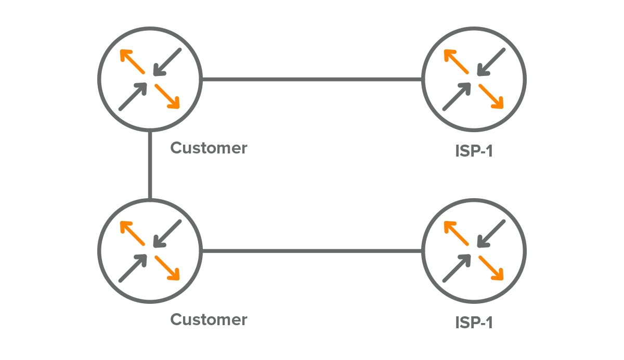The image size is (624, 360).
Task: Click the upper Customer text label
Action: click(x=209, y=148)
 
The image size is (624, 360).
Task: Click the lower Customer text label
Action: click(x=209, y=319)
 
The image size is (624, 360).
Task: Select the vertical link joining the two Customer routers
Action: click(x=150, y=165)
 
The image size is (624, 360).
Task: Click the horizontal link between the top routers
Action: click(x=312, y=80)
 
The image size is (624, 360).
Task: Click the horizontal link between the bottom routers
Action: click(x=312, y=251)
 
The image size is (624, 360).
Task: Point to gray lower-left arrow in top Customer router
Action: click(x=133, y=97)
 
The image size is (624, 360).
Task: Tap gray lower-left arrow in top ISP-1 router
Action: click(x=457, y=97)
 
